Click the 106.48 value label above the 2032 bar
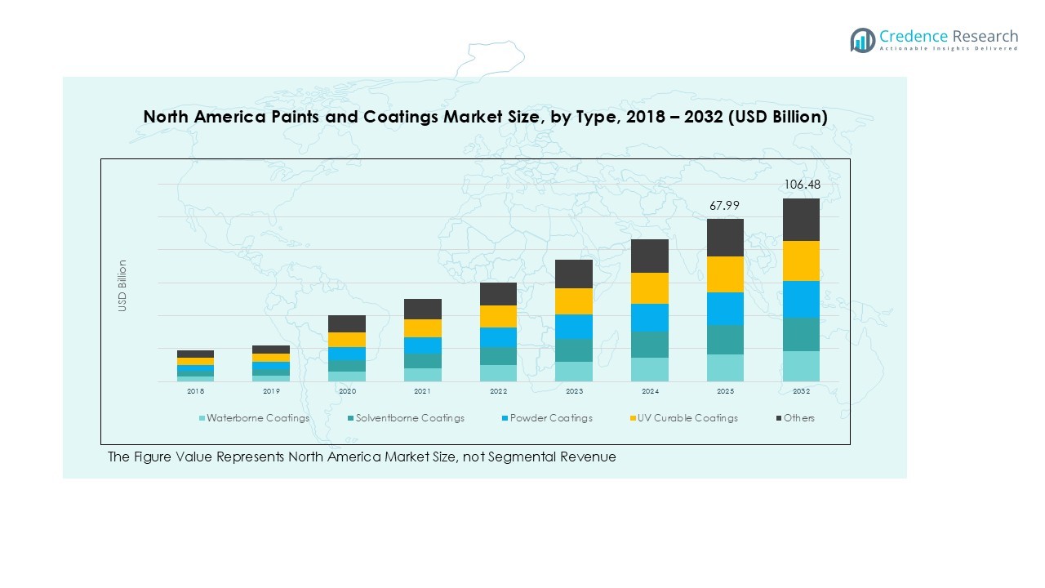[802, 185]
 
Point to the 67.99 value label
[725, 206]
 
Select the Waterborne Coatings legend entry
[255, 418]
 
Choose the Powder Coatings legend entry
[546, 418]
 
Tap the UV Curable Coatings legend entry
[683, 418]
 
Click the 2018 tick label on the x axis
[195, 392]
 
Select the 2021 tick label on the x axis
[422, 392]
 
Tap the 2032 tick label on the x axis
[801, 392]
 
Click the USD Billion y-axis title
[122, 285]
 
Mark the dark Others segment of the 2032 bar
[801, 220]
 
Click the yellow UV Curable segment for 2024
[650, 288]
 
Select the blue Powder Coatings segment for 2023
[574, 327]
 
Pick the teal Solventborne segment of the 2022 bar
[498, 356]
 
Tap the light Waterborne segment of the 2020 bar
[347, 376]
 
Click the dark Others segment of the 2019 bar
[271, 350]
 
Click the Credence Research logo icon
[862, 40]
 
